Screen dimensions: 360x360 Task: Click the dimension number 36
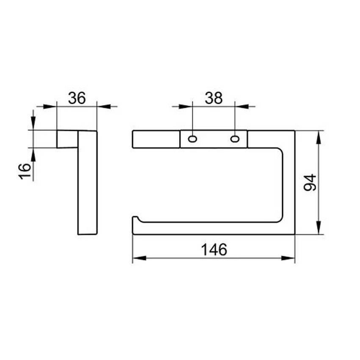77,98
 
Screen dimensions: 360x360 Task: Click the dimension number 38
213,98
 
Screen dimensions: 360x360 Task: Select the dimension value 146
214,249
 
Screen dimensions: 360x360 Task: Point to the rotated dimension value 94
310,183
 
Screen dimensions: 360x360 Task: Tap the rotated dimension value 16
25,171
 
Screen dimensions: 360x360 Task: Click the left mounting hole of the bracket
192,139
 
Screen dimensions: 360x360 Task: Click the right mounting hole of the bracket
235,139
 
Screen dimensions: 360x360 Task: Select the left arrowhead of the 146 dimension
139,258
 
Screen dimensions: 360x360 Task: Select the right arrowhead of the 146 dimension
288,258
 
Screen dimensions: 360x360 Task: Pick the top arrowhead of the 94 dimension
318,137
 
